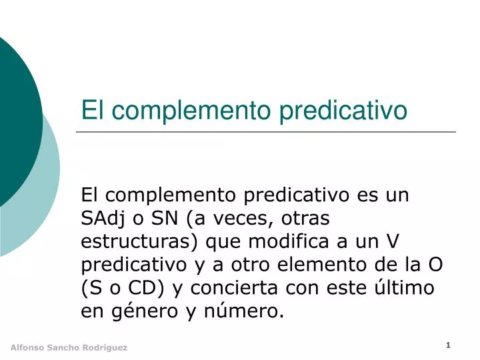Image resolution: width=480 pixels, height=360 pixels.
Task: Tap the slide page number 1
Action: coord(449,345)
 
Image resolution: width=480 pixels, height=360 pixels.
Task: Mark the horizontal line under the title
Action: coord(267,132)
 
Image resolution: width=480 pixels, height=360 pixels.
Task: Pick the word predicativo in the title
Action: coord(343,110)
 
